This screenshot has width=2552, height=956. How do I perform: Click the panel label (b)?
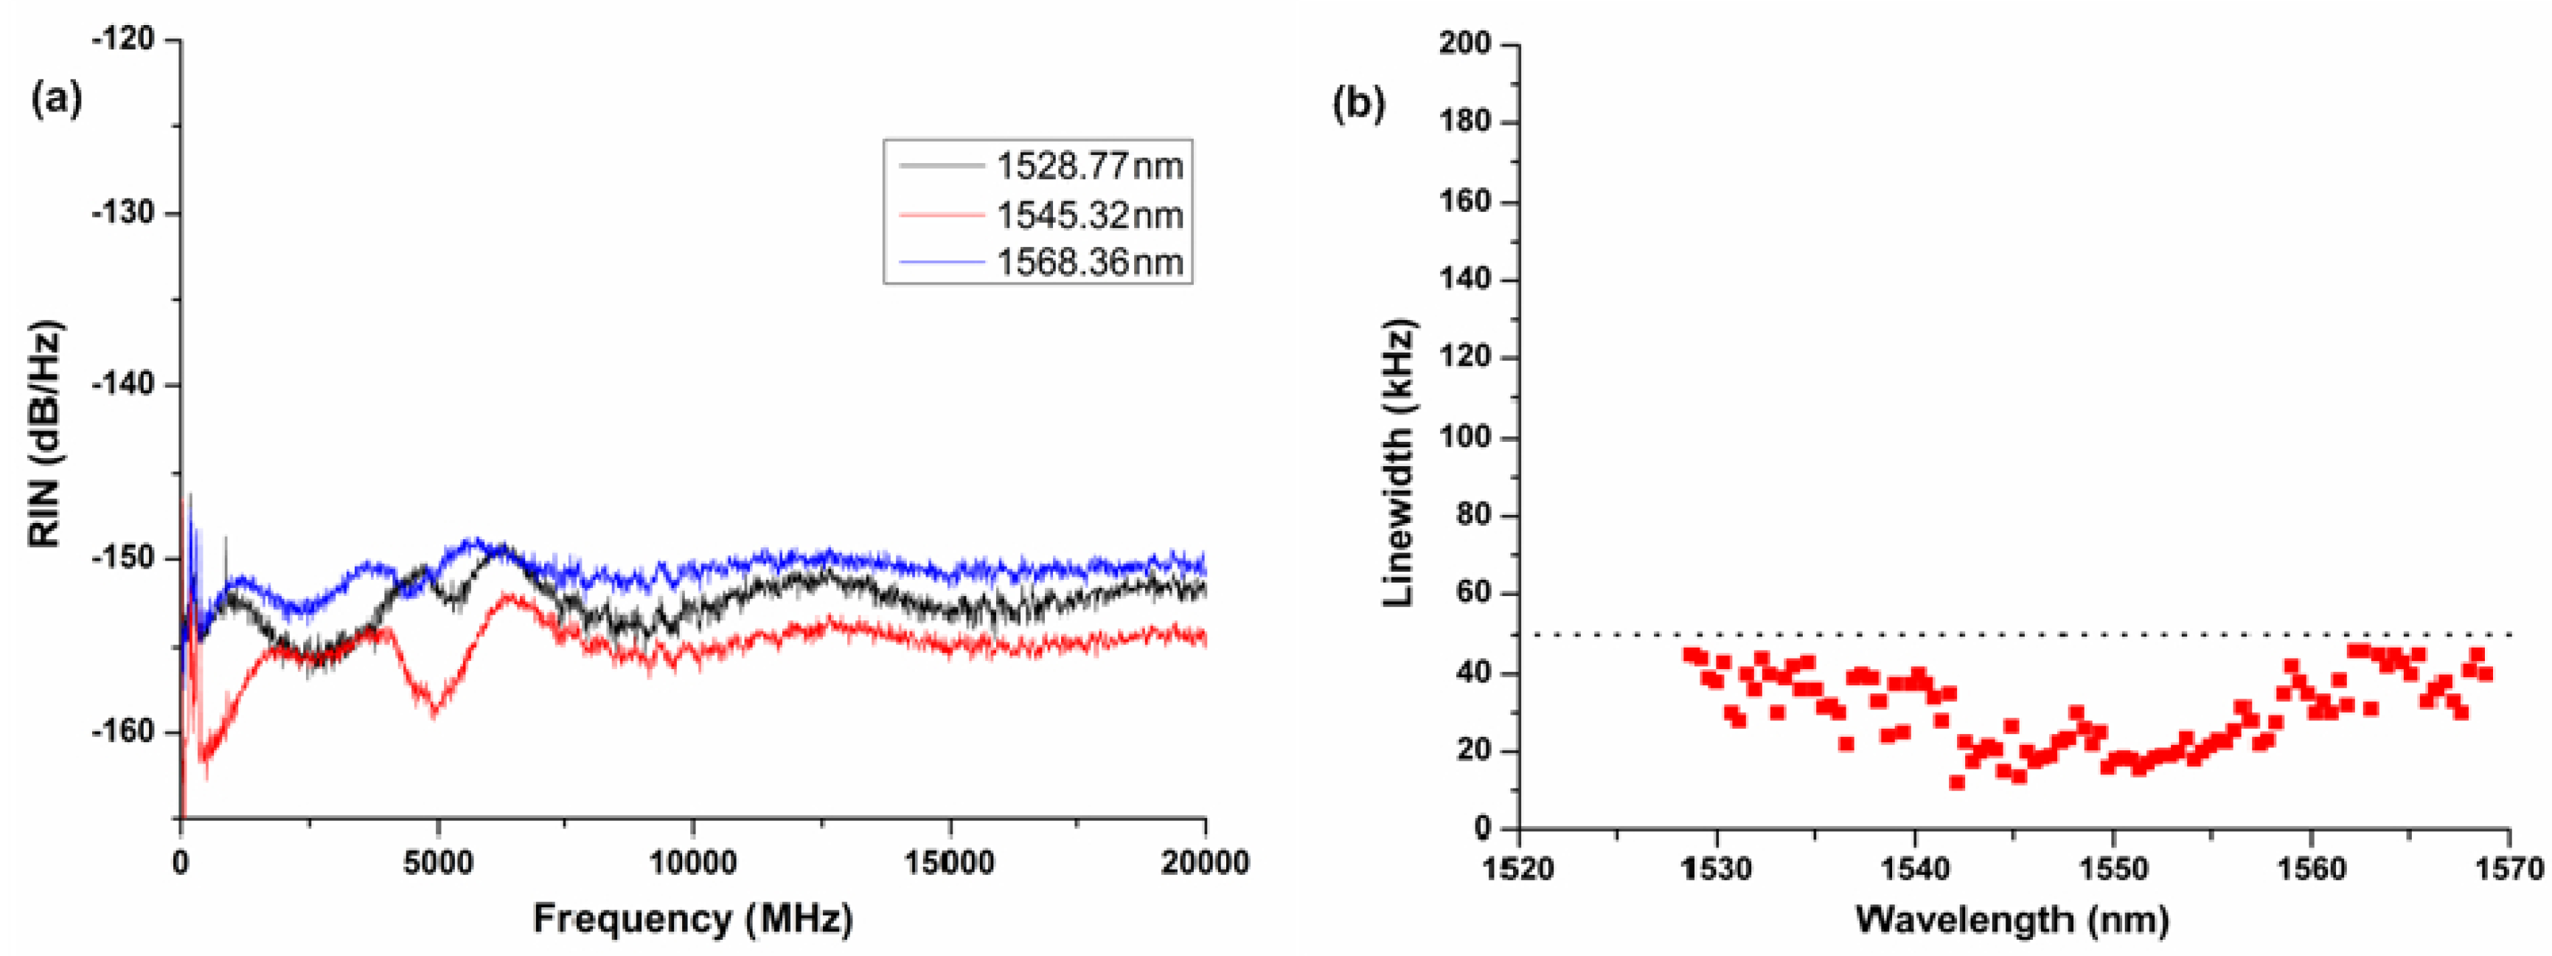[1358, 103]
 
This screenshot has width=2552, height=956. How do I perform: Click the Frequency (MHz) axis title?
[692, 918]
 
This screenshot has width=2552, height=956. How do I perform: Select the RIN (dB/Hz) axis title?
[44, 434]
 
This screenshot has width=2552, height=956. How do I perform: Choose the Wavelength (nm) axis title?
[2012, 918]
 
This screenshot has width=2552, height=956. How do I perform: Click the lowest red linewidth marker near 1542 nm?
[1957, 783]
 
